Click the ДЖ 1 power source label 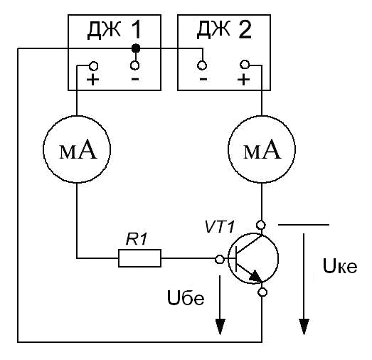point(115,30)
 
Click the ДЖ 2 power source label point(224,30)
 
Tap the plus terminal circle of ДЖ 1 point(93,66)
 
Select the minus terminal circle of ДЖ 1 point(135,65)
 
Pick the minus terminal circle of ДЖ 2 point(202,65)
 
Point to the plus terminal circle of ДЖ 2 point(245,64)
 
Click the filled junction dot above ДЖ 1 point(136,48)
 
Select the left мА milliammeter point(77,149)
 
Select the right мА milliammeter point(262,149)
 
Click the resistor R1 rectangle point(139,258)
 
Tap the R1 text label point(137,239)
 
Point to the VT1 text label point(220,227)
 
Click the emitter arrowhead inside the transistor point(255,276)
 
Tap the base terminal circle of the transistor point(220,260)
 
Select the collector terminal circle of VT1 point(261,225)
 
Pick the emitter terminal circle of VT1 point(262,292)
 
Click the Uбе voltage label point(186,298)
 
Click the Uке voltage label point(340,266)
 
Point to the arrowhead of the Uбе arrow point(220,327)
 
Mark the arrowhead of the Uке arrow point(304,327)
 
